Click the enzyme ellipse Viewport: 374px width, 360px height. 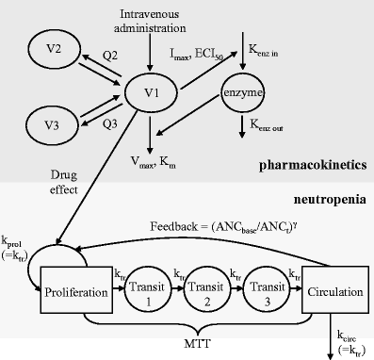(x=242, y=93)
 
